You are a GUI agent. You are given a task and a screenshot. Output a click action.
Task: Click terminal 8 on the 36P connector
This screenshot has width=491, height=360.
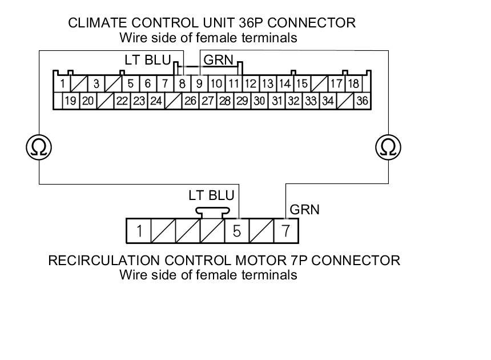pyautogui.click(x=182, y=84)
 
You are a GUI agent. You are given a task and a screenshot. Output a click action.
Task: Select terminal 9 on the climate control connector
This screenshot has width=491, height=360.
pyautogui.click(x=199, y=84)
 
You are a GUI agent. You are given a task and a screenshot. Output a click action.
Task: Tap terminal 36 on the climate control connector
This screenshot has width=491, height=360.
pyautogui.click(x=362, y=101)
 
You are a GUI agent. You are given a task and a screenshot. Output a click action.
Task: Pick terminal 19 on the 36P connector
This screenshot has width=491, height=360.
pyautogui.click(x=71, y=101)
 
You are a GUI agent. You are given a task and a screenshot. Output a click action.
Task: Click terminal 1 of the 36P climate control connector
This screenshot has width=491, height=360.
pyautogui.click(x=61, y=84)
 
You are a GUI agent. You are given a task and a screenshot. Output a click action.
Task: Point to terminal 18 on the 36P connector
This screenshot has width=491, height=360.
pyautogui.click(x=353, y=84)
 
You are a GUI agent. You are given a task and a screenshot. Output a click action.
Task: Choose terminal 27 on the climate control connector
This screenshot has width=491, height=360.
pyautogui.click(x=207, y=101)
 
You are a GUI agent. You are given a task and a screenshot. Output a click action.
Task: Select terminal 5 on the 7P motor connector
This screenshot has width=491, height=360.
pyautogui.click(x=237, y=231)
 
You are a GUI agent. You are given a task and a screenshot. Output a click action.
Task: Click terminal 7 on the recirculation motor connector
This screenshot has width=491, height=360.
pyautogui.click(x=285, y=231)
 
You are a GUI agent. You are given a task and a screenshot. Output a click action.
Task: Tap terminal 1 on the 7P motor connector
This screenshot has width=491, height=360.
pyautogui.click(x=139, y=231)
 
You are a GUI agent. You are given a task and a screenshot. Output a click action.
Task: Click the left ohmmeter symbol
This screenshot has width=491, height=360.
pyautogui.click(x=39, y=147)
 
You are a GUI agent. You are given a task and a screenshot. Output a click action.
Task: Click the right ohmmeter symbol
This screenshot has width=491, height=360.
pyautogui.click(x=388, y=147)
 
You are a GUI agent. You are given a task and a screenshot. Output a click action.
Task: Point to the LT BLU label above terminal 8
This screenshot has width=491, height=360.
pyautogui.click(x=147, y=60)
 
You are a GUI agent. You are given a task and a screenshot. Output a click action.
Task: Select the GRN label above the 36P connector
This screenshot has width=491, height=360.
pyautogui.click(x=219, y=60)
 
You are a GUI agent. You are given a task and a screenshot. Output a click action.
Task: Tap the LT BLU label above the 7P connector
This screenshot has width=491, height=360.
pyautogui.click(x=211, y=195)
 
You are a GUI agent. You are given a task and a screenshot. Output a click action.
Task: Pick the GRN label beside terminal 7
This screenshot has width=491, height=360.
pyautogui.click(x=305, y=210)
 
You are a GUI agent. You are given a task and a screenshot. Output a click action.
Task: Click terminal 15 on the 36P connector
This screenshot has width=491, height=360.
pyautogui.click(x=301, y=84)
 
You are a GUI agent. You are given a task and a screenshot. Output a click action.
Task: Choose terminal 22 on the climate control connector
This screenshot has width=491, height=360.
pyautogui.click(x=122, y=101)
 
